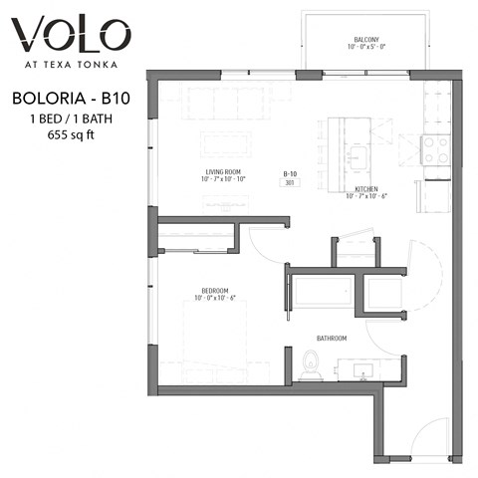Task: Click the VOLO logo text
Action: (x=69, y=36)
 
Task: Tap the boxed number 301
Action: (x=290, y=182)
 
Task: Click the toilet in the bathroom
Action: (x=309, y=366)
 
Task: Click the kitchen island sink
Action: (x=356, y=157)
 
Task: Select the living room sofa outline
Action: (x=228, y=101)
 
